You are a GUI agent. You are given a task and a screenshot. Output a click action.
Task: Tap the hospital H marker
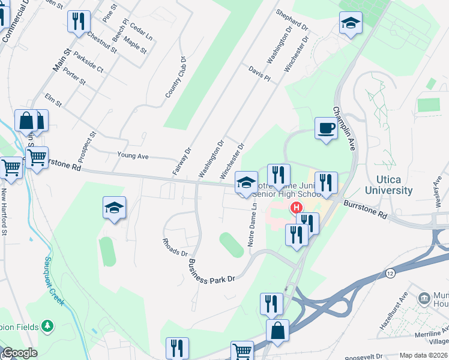(296, 208)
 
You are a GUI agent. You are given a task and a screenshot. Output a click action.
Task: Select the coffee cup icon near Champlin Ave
(326, 128)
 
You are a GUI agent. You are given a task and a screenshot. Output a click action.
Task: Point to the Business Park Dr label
(211, 272)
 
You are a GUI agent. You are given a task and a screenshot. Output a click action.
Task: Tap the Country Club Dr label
(177, 77)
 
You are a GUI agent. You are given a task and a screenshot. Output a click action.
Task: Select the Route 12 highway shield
(391, 272)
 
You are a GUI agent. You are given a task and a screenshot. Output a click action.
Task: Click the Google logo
(20, 353)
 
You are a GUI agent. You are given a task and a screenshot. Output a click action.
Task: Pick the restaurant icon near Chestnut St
(79, 22)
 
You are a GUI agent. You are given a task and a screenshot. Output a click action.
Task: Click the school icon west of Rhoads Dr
(114, 208)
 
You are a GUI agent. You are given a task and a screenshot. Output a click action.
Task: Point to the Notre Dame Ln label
(253, 226)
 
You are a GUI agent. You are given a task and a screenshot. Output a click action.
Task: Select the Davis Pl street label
(259, 74)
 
